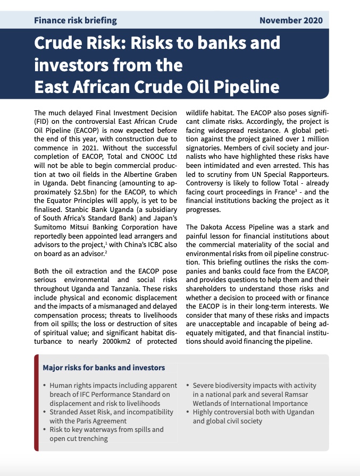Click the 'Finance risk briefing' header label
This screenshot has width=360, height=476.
point(75,21)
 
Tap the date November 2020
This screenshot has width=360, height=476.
point(290,21)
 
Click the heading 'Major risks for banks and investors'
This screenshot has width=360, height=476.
point(104,368)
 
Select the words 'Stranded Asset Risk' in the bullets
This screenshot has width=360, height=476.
point(80,412)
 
